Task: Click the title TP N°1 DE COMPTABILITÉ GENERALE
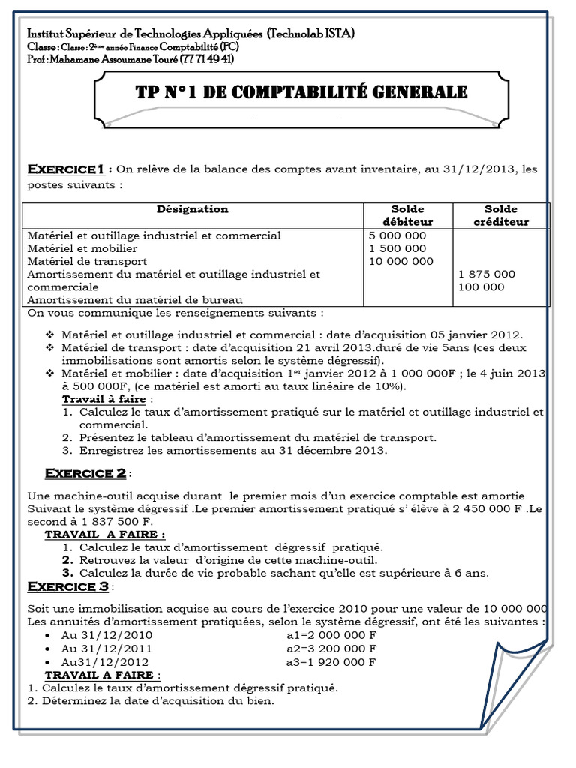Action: coord(291,92)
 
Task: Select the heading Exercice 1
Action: coord(64,168)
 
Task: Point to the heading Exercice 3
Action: coord(69,586)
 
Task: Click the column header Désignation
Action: coord(193,209)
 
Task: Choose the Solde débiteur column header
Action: coord(407,215)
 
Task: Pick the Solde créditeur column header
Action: coord(500,215)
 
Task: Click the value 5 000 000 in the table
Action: coord(398,235)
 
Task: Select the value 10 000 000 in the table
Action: coord(401,261)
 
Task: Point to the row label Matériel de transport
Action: coord(82,261)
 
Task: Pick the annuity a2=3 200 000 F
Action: coord(331,649)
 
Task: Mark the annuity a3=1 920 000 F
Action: coord(331,662)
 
